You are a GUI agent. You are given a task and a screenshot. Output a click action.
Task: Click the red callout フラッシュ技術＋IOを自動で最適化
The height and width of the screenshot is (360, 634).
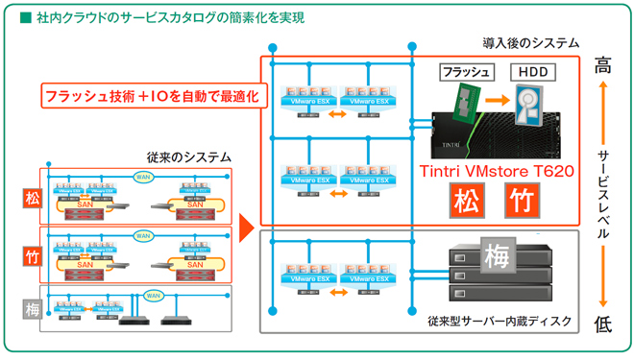(149, 96)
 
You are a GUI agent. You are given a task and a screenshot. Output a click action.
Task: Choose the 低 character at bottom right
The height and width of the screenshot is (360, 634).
(602, 324)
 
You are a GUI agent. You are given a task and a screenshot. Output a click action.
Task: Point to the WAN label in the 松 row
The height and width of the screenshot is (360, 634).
(143, 176)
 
